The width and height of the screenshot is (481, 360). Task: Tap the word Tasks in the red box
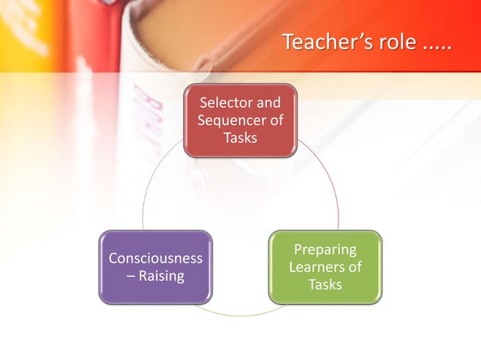tap(240, 138)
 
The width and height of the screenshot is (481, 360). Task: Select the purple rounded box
tap(155, 267)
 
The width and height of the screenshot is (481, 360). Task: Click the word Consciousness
tap(155, 258)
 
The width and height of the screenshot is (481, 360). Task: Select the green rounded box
tap(325, 267)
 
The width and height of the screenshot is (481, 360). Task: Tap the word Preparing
tap(325, 249)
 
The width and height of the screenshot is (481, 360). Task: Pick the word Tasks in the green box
tap(325, 285)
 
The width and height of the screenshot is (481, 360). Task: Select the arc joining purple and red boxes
tap(151, 188)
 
